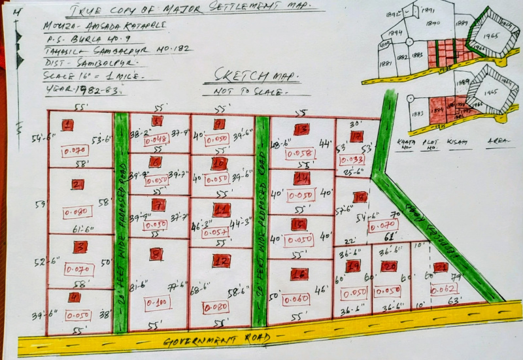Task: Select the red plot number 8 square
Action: pyautogui.click(x=156, y=254)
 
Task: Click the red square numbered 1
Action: pyautogui.click(x=67, y=125)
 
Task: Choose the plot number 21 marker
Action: pyautogui.click(x=441, y=267)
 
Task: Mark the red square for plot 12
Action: pyautogui.click(x=221, y=260)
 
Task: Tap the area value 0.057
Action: pyautogui.click(x=216, y=232)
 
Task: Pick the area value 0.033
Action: pyautogui.click(x=353, y=159)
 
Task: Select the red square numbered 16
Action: pyautogui.click(x=299, y=274)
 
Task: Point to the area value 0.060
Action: pyautogui.click(x=298, y=299)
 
